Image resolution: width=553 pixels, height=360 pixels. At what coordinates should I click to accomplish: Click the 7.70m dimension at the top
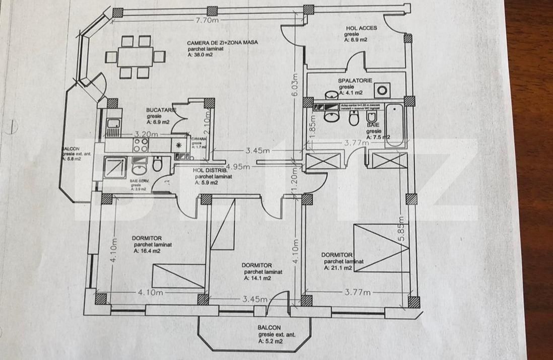point(206,21)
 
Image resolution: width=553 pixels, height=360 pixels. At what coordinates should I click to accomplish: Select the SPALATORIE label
point(355,81)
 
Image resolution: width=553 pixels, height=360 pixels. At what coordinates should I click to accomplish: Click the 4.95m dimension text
point(238,167)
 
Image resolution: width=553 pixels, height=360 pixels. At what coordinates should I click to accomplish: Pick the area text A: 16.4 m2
point(147,251)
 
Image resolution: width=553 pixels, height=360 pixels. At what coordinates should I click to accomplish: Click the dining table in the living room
point(135,56)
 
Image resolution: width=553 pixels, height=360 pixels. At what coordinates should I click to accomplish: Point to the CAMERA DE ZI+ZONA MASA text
point(222,43)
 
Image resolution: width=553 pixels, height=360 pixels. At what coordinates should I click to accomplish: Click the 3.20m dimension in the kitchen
point(146,134)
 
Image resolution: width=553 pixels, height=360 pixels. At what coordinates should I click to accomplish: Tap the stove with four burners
point(141,146)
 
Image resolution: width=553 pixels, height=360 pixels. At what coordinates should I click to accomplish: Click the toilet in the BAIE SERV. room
point(158,164)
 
